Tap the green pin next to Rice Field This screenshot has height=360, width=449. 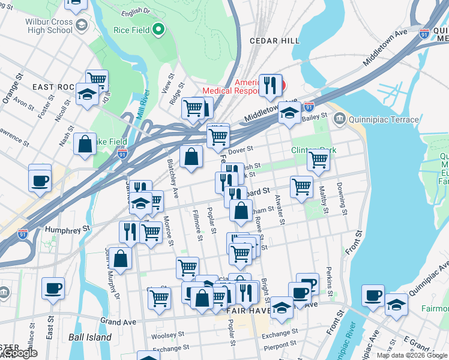(x=158, y=28)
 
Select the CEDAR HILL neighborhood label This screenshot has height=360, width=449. (x=274, y=40)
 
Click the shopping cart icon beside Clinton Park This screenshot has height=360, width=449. (x=318, y=160)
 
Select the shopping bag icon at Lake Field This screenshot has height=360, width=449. (x=85, y=144)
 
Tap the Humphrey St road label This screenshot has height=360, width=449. (x=69, y=229)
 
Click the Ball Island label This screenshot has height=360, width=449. (x=90, y=337)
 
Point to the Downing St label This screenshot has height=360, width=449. (x=342, y=198)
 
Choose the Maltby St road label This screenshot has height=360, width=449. (x=325, y=202)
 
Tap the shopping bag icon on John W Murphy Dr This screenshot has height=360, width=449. (x=120, y=259)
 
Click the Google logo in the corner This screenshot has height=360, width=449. (x=19, y=353)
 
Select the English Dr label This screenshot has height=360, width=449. (x=135, y=12)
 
